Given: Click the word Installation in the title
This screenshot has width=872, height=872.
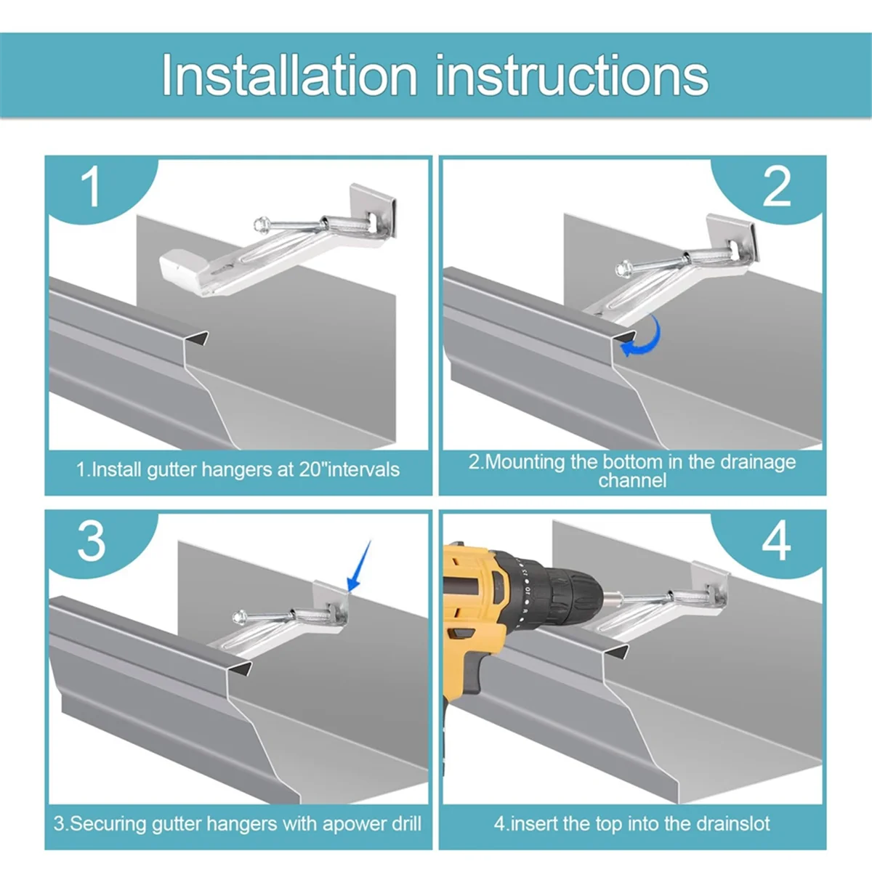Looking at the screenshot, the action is pyautogui.click(x=289, y=75).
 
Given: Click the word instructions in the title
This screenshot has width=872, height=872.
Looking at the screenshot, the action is pyautogui.click(x=572, y=75).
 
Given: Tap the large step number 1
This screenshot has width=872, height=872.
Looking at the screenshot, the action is pyautogui.click(x=91, y=186).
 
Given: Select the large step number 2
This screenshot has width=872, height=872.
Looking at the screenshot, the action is pyautogui.click(x=777, y=186).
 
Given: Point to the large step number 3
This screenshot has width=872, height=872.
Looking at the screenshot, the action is pyautogui.click(x=92, y=541).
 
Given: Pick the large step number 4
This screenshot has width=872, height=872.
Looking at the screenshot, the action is pyautogui.click(x=777, y=541).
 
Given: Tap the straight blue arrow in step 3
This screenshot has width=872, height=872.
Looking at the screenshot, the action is pyautogui.click(x=359, y=566).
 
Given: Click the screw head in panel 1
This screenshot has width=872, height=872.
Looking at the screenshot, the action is pyautogui.click(x=260, y=223).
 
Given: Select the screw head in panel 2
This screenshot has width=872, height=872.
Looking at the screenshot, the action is pyautogui.click(x=623, y=268).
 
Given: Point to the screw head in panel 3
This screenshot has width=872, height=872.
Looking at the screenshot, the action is pyautogui.click(x=239, y=617).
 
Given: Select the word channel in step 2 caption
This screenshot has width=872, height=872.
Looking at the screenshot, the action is pyautogui.click(x=632, y=480).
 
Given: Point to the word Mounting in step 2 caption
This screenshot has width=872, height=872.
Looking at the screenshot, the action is pyautogui.click(x=523, y=462).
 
